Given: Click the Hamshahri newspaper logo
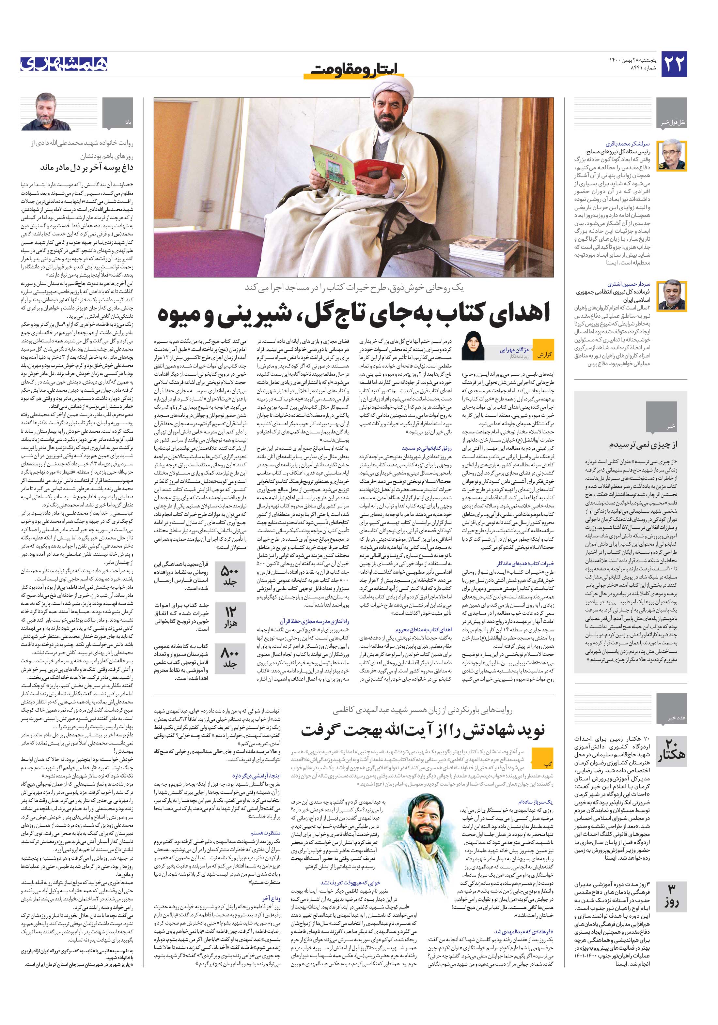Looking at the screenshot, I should click(x=64, y=64).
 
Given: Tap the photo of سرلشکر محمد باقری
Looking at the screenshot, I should click(x=672, y=155).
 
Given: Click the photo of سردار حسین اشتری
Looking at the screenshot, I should click(x=672, y=295).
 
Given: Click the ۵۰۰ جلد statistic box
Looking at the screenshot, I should click(x=230, y=576).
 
